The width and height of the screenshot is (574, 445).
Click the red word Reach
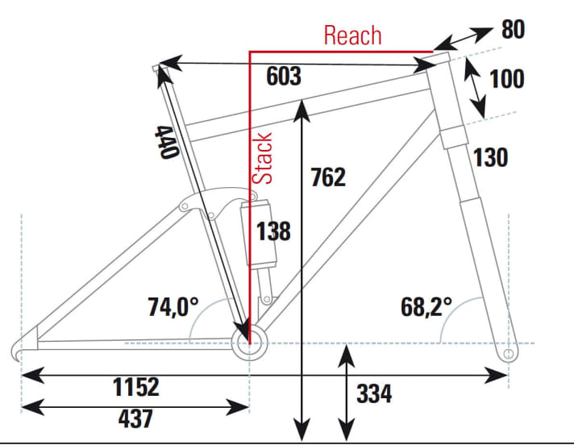coord(352,35)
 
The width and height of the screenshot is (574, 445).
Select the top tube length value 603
coord(284,77)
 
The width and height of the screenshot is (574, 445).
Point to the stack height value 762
coord(328,177)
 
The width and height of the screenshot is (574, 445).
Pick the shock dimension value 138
coord(273,231)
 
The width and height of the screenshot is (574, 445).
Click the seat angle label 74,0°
coord(173,307)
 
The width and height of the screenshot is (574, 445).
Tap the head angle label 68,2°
coord(426,307)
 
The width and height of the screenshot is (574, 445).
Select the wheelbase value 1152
coord(135,387)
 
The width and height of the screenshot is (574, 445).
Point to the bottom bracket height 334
coord(374,394)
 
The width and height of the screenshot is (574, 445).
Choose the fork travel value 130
coord(490,158)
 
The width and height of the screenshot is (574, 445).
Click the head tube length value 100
coord(506,78)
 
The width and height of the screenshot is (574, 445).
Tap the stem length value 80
coord(513,30)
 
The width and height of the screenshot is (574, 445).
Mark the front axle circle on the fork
coord(509,353)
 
